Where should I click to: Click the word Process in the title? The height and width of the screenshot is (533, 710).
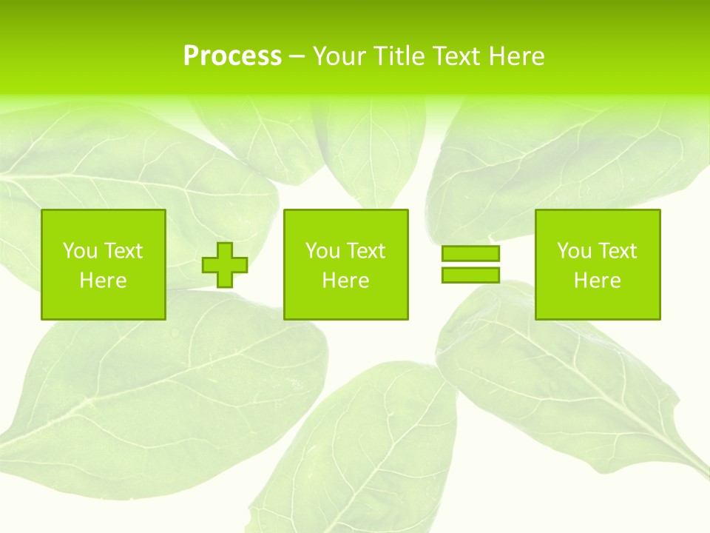(x=232, y=56)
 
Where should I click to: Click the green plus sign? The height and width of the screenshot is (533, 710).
(x=225, y=264)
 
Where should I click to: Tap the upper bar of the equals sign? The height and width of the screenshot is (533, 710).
(x=470, y=254)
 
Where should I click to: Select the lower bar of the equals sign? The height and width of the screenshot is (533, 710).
(x=470, y=275)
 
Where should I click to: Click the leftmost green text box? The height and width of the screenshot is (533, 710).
(x=104, y=264)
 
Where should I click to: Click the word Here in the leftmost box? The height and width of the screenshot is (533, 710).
(x=103, y=281)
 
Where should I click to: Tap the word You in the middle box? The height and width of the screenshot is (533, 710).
(x=322, y=251)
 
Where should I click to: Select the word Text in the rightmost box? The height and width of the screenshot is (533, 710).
(x=617, y=251)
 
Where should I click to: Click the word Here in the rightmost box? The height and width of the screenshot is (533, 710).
(x=597, y=281)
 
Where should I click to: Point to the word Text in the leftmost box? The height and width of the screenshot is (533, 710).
(x=123, y=251)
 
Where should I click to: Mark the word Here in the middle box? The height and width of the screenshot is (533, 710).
(x=345, y=281)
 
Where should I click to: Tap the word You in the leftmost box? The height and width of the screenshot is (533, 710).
(x=80, y=251)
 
